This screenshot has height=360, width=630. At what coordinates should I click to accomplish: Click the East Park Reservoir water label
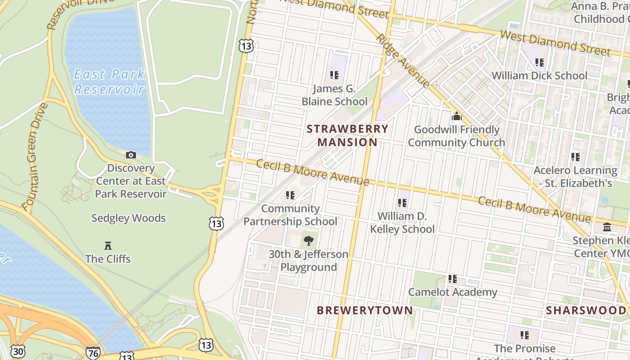coord(109,81)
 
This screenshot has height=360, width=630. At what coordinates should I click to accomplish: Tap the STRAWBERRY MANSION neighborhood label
coord(347,135)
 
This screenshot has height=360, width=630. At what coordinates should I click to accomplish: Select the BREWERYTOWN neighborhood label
coord(364,310)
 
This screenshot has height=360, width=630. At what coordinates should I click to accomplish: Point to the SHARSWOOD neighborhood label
coord(586,310)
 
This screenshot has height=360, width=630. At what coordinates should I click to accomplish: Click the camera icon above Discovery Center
coord(131,155)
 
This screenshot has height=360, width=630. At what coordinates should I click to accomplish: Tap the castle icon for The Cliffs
coord(108,246)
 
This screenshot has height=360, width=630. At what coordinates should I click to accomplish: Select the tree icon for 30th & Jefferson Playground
coord(309,241)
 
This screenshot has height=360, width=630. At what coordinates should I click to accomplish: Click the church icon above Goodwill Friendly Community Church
coord(457,117)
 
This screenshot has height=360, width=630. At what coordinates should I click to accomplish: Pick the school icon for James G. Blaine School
coord(334,75)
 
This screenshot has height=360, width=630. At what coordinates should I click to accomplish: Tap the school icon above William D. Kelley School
coord(402,203)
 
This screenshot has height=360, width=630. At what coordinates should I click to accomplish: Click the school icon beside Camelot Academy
coord(453,279)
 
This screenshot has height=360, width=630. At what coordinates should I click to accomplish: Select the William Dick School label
coord(539,75)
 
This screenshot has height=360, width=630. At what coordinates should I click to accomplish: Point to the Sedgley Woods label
coord(129,218)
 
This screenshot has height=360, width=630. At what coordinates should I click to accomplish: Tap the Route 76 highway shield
coord(93,353)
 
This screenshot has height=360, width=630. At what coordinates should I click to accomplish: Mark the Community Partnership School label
coord(290,215)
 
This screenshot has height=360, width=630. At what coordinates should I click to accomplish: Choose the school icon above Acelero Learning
coord(576,157)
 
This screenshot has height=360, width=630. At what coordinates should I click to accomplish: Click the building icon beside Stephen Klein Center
coord(607,227)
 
